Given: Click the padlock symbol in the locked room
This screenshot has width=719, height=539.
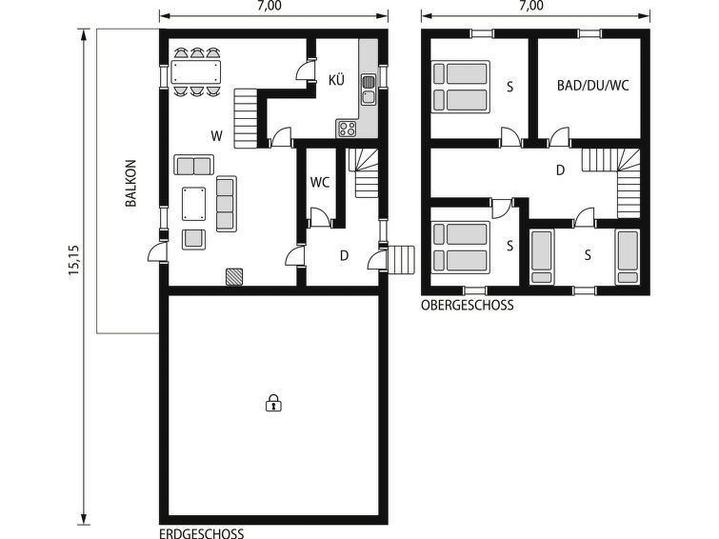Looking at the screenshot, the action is (273, 403).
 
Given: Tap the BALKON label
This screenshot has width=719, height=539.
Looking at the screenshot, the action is (131, 183).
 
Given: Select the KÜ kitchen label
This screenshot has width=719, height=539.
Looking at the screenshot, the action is (336, 80).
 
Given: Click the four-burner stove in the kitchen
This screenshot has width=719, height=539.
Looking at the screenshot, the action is (347, 129).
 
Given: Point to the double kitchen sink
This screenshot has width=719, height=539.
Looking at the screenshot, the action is (369, 90).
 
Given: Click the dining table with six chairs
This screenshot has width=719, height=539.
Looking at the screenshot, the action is (196, 71).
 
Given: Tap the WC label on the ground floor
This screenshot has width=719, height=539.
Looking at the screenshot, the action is (320, 183).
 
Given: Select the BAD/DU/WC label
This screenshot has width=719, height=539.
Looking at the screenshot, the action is (593, 86).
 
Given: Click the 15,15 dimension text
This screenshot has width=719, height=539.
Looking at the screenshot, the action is (74, 260).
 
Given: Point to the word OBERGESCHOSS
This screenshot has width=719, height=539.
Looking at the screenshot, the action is (468, 305).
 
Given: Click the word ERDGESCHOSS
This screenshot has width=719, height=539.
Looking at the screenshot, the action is (201, 533).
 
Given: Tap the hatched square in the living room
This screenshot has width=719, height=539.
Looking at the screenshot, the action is (234, 277).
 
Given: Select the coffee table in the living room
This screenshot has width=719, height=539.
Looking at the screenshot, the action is (193, 204).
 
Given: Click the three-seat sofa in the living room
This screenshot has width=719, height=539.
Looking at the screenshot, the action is (227, 204).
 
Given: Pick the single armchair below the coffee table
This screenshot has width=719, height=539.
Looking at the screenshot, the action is (193, 239).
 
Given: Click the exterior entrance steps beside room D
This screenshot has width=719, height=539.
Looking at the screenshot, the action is (401, 260).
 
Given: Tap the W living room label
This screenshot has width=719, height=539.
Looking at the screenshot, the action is (216, 136).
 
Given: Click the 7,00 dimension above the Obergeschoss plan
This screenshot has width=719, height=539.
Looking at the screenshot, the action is (532, 6).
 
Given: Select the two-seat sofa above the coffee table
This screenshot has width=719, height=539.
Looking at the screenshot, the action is (194, 165).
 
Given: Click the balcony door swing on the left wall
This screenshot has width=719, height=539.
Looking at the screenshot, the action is (157, 252).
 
